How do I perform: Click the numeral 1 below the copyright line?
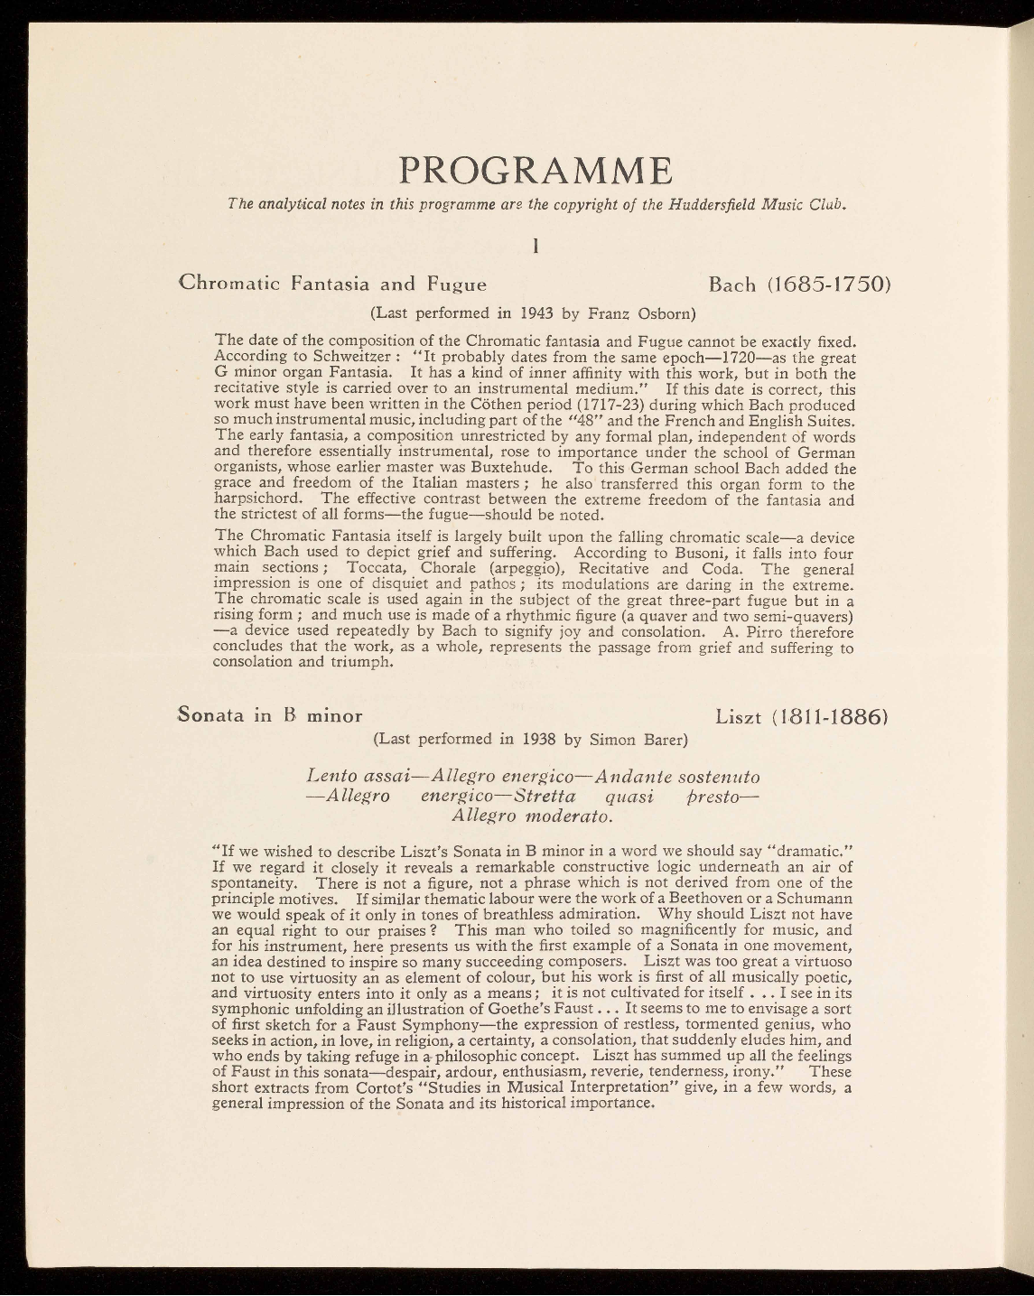point(536,244)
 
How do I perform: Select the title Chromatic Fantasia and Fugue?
point(333,284)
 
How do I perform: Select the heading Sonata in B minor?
point(270,715)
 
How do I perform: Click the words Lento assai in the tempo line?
point(359,777)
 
